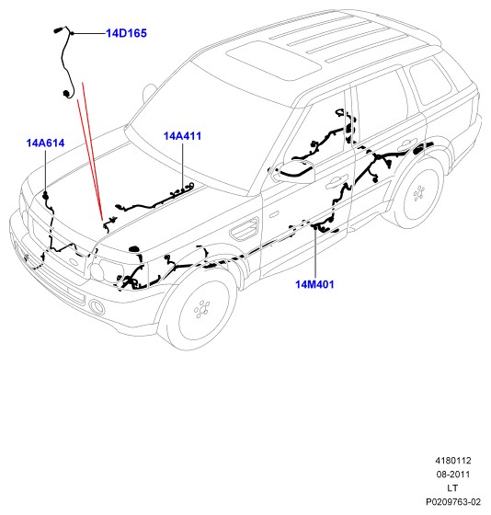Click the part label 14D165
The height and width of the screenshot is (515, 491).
pos(126,33)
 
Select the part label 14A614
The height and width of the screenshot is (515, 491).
pos(45,143)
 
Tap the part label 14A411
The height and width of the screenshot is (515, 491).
pos(182,136)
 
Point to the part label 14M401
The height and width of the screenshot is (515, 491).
pos(314,284)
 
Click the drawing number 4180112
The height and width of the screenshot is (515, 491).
pos(453,461)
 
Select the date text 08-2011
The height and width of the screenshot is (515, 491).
pos(453,475)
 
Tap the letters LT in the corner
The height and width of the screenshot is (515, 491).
pos(452,488)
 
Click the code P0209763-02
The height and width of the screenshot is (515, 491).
pos(453,502)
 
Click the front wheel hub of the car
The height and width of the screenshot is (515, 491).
pos(201,309)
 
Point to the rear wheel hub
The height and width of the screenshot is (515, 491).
pos(418,193)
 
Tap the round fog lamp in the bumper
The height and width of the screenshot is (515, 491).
pos(97,307)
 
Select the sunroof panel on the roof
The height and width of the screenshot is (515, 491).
pos(274,60)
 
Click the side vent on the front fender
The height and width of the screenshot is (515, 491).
pos(245,228)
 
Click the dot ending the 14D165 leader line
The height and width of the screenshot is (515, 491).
pos(73,33)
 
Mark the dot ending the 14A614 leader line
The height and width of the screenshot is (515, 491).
pos(45,193)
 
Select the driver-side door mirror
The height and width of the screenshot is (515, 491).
pos(294,171)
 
